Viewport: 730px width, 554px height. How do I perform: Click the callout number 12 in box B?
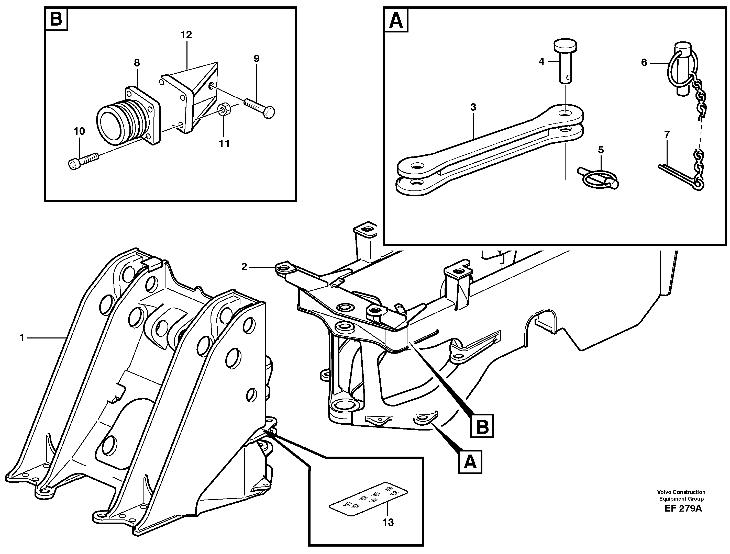[186, 35]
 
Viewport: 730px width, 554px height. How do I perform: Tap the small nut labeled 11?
[224, 110]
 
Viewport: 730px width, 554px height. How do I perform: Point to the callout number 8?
[137, 63]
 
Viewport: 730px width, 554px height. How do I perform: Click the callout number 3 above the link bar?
[473, 107]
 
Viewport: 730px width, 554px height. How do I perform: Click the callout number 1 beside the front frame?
[22, 338]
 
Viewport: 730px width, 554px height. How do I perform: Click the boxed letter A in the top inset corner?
[396, 20]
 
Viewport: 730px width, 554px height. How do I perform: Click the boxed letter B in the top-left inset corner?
[56, 19]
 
